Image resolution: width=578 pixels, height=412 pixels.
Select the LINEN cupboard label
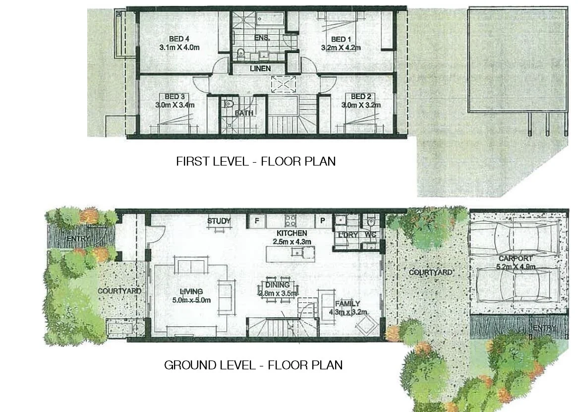(260, 68)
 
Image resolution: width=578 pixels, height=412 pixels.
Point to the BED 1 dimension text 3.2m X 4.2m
(341, 48)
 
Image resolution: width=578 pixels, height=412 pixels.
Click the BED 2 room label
(361, 96)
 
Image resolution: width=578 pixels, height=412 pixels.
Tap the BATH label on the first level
(244, 113)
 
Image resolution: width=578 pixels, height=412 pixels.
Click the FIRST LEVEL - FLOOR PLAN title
(256, 161)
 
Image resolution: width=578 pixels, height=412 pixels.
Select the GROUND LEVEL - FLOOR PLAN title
(253, 365)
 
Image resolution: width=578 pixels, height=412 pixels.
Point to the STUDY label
(219, 221)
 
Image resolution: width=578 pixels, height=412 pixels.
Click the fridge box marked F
(257, 221)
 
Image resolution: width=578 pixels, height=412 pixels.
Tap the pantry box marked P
(323, 221)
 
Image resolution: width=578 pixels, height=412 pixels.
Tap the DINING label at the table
(277, 285)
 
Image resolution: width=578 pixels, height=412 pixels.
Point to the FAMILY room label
(347, 304)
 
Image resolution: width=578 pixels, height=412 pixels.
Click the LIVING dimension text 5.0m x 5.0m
(191, 300)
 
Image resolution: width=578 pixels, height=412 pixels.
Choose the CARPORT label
(516, 258)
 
